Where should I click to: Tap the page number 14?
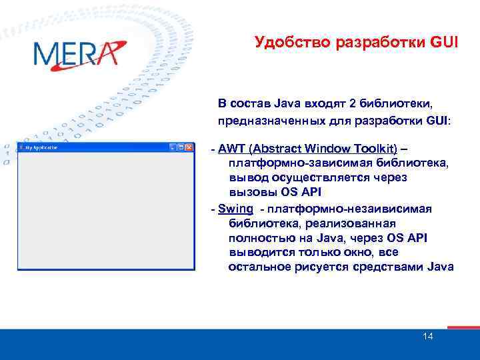pos(427,336)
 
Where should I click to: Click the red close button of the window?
pos(189,147)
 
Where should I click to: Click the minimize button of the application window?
pos(173,147)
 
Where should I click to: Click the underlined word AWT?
pos(231,148)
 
